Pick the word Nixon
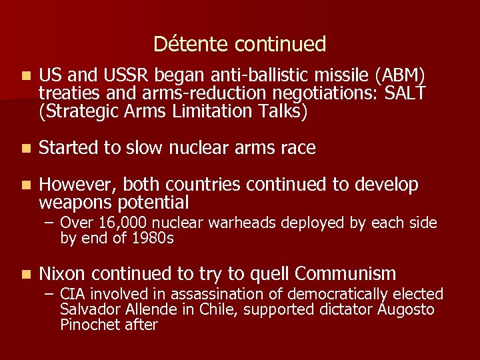click(63, 273)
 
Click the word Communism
click(345, 273)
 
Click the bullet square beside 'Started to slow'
click(25, 148)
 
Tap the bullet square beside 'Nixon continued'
click(25, 274)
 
